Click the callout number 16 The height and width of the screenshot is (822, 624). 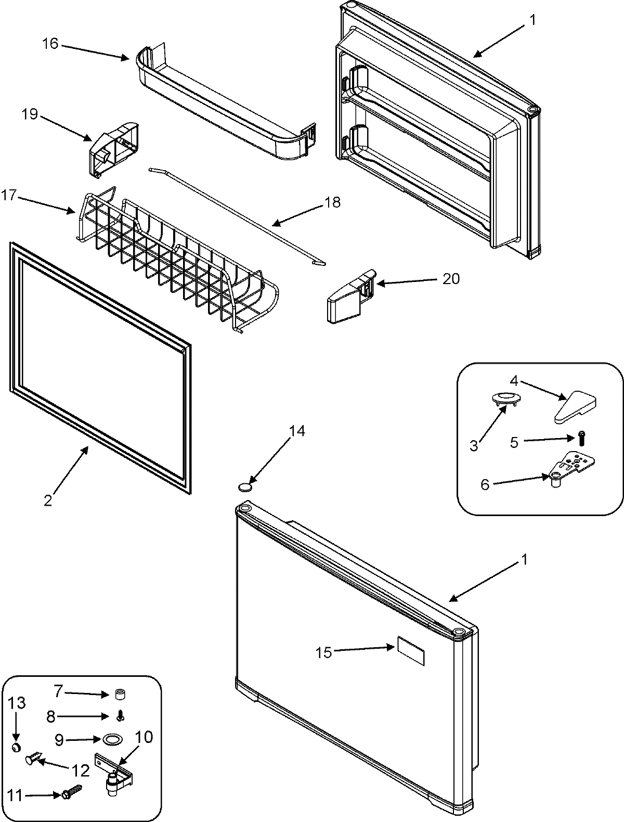click(x=50, y=43)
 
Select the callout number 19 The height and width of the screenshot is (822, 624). click(x=30, y=113)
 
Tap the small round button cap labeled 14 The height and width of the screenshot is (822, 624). click(x=244, y=487)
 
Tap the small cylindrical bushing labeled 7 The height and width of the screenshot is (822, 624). click(x=120, y=694)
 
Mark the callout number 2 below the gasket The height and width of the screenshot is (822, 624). click(x=48, y=500)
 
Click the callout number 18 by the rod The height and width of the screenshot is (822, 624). click(x=332, y=202)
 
